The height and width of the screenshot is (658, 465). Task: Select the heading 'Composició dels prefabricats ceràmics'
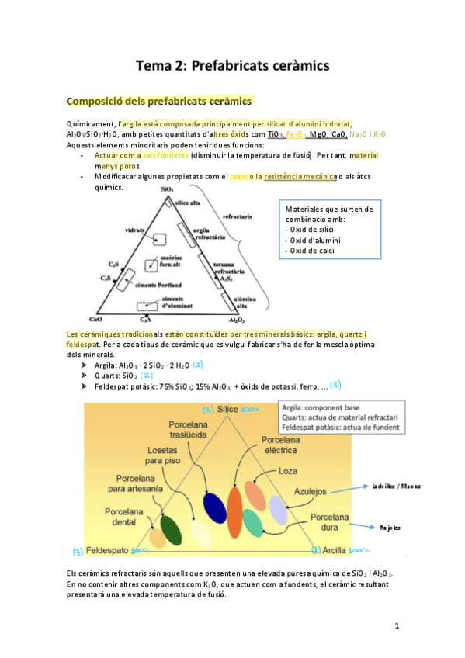coord(160,101)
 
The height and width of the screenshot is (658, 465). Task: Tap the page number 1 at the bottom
coord(396,625)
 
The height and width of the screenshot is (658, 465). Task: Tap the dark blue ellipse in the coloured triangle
coord(213,505)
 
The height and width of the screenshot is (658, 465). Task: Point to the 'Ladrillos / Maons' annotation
coord(397,487)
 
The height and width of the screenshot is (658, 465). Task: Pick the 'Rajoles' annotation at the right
coord(390,527)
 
